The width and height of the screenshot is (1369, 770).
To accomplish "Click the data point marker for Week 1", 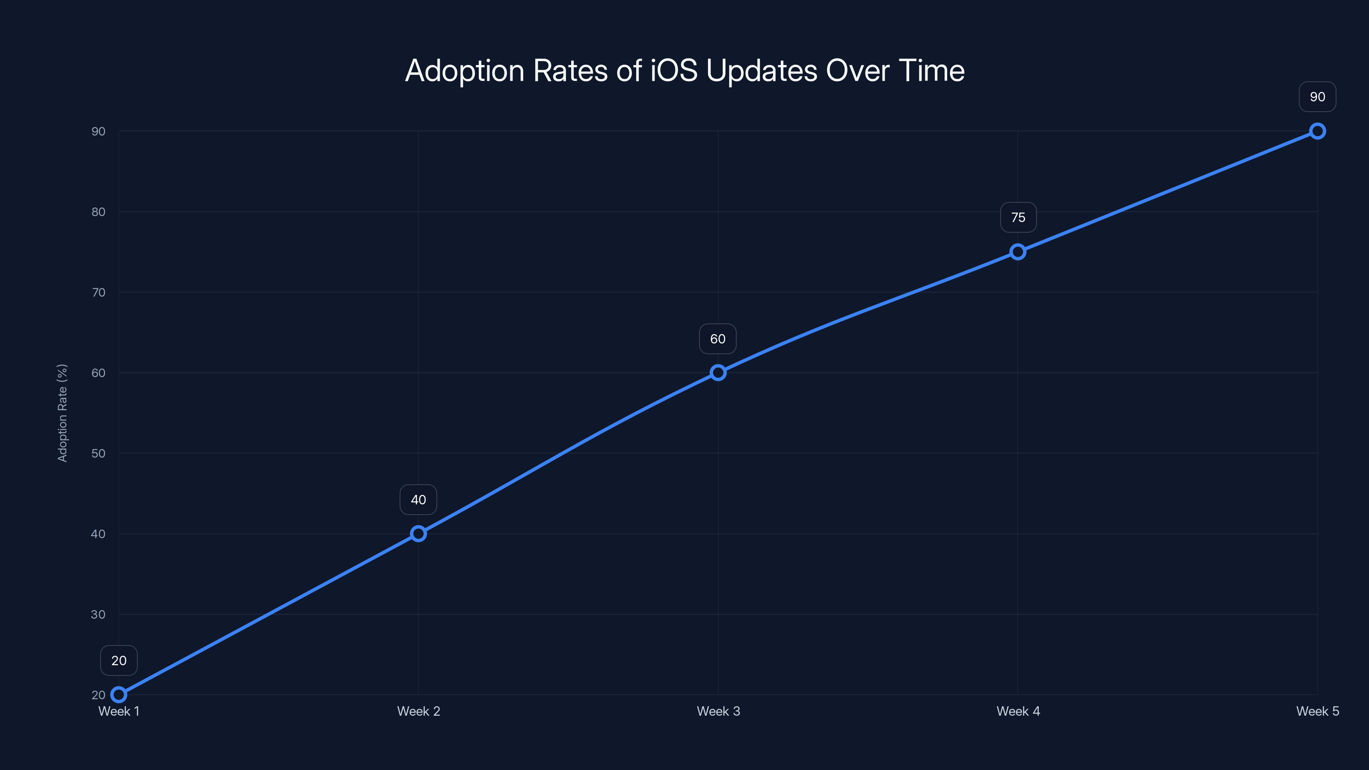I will [119, 695].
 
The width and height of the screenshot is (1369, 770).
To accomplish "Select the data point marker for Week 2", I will [418, 533].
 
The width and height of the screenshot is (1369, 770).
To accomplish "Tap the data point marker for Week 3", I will [718, 373].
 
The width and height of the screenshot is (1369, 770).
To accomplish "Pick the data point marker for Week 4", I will [1018, 252].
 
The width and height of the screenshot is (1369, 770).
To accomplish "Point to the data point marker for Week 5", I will [1318, 131].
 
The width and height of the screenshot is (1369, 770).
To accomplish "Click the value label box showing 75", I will [1018, 217].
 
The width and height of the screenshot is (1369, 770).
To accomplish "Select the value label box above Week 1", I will [119, 660].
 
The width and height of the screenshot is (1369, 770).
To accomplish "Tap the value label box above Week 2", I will [418, 500].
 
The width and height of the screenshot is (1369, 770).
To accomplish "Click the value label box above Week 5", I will [1318, 97].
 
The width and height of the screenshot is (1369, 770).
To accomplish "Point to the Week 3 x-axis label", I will [718, 711].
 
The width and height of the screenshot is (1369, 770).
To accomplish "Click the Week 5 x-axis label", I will [1318, 711].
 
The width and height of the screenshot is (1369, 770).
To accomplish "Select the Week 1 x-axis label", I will [119, 711].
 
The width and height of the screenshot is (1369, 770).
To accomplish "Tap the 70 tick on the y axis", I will [98, 292].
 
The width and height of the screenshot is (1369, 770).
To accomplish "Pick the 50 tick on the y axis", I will [98, 453].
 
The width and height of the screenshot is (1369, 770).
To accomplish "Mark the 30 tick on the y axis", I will [98, 614].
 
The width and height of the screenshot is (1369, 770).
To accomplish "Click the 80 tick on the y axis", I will [98, 211].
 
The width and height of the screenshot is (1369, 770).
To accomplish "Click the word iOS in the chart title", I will [673, 71].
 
